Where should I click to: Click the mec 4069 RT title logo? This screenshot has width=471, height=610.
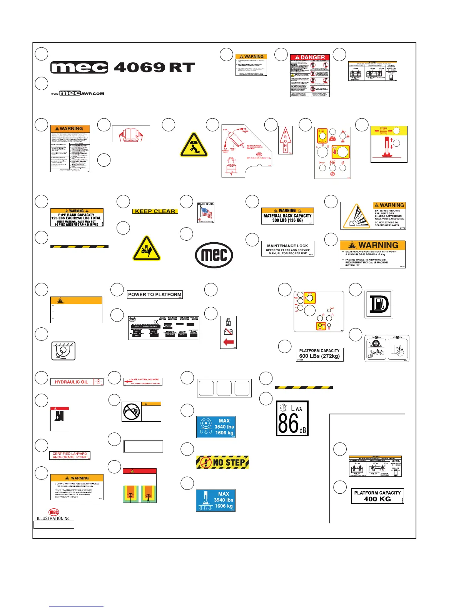pos(122,68)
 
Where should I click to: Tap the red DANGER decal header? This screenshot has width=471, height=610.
pos(310,57)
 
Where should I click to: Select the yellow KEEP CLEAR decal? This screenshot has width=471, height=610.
pos(155,211)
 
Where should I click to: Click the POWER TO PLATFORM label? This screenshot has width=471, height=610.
pos(155,295)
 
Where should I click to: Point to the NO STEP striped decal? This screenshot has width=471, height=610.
pos(222,462)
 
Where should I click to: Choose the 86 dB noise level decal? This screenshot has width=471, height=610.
pos(292,419)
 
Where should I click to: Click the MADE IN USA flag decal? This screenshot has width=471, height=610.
pos(205,213)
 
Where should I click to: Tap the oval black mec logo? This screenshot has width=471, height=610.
pos(214,255)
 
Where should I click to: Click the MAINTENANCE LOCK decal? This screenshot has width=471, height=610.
pos(288,249)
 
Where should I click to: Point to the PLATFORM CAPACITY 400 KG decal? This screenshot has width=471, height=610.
pos(377,496)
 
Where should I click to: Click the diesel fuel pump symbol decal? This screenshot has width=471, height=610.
pos(379,304)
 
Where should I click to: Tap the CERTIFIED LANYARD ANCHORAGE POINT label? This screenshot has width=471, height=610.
pos(70,456)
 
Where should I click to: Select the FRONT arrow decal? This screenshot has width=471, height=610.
pos(286,140)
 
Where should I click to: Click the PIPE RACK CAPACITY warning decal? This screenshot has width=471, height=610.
pos(77,218)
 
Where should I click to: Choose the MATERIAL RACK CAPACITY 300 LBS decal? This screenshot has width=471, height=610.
pos(287,216)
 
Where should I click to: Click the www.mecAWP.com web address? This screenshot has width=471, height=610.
pos(78,94)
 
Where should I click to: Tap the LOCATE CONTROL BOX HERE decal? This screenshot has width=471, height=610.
pos(143,382)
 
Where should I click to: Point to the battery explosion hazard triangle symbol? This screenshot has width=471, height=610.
pos(357,216)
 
